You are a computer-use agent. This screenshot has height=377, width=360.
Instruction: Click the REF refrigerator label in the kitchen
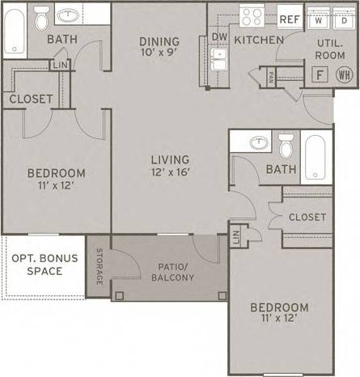pos(289,19)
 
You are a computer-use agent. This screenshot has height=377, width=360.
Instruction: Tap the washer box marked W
pos(320,19)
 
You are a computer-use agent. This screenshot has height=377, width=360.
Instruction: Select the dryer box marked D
pos(342,19)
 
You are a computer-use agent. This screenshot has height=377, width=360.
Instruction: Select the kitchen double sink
pos(218,63)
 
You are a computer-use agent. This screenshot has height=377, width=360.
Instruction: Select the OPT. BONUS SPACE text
pos(36,265)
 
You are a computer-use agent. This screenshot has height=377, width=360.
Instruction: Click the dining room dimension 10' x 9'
pos(158,49)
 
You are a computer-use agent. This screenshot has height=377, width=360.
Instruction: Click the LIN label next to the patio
pos(235,236)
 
